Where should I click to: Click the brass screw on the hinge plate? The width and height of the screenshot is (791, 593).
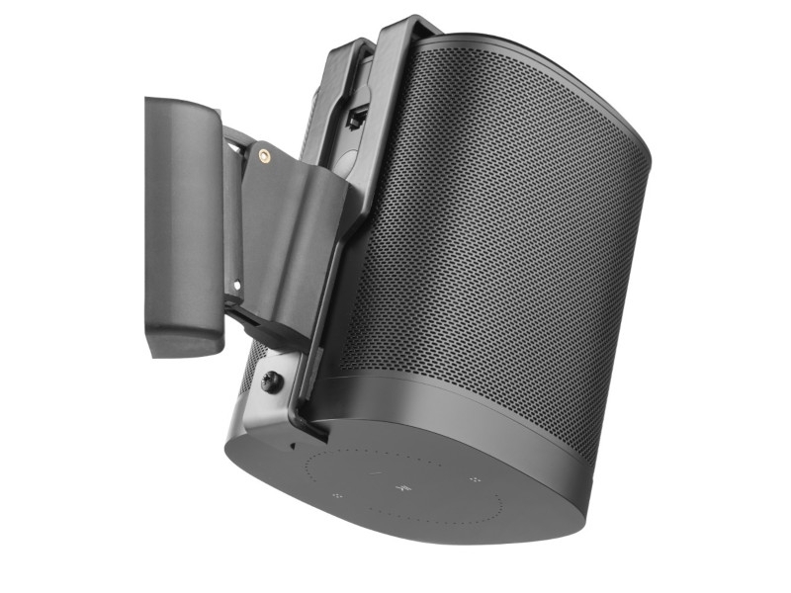264,155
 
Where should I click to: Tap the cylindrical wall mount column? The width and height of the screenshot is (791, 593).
184,222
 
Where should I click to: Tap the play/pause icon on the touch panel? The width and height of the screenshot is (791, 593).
402,487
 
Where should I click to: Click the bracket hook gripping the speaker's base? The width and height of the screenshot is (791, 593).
311,427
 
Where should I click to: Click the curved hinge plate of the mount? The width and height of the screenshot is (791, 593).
287,227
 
